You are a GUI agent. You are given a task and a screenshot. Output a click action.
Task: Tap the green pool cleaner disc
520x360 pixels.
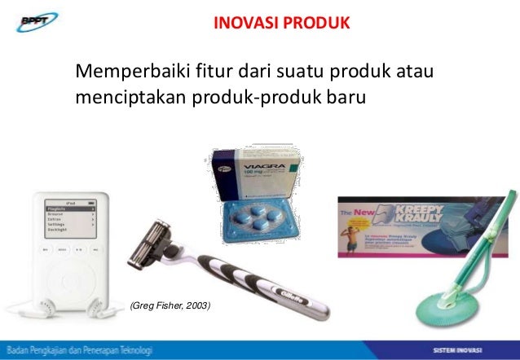[456, 305]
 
